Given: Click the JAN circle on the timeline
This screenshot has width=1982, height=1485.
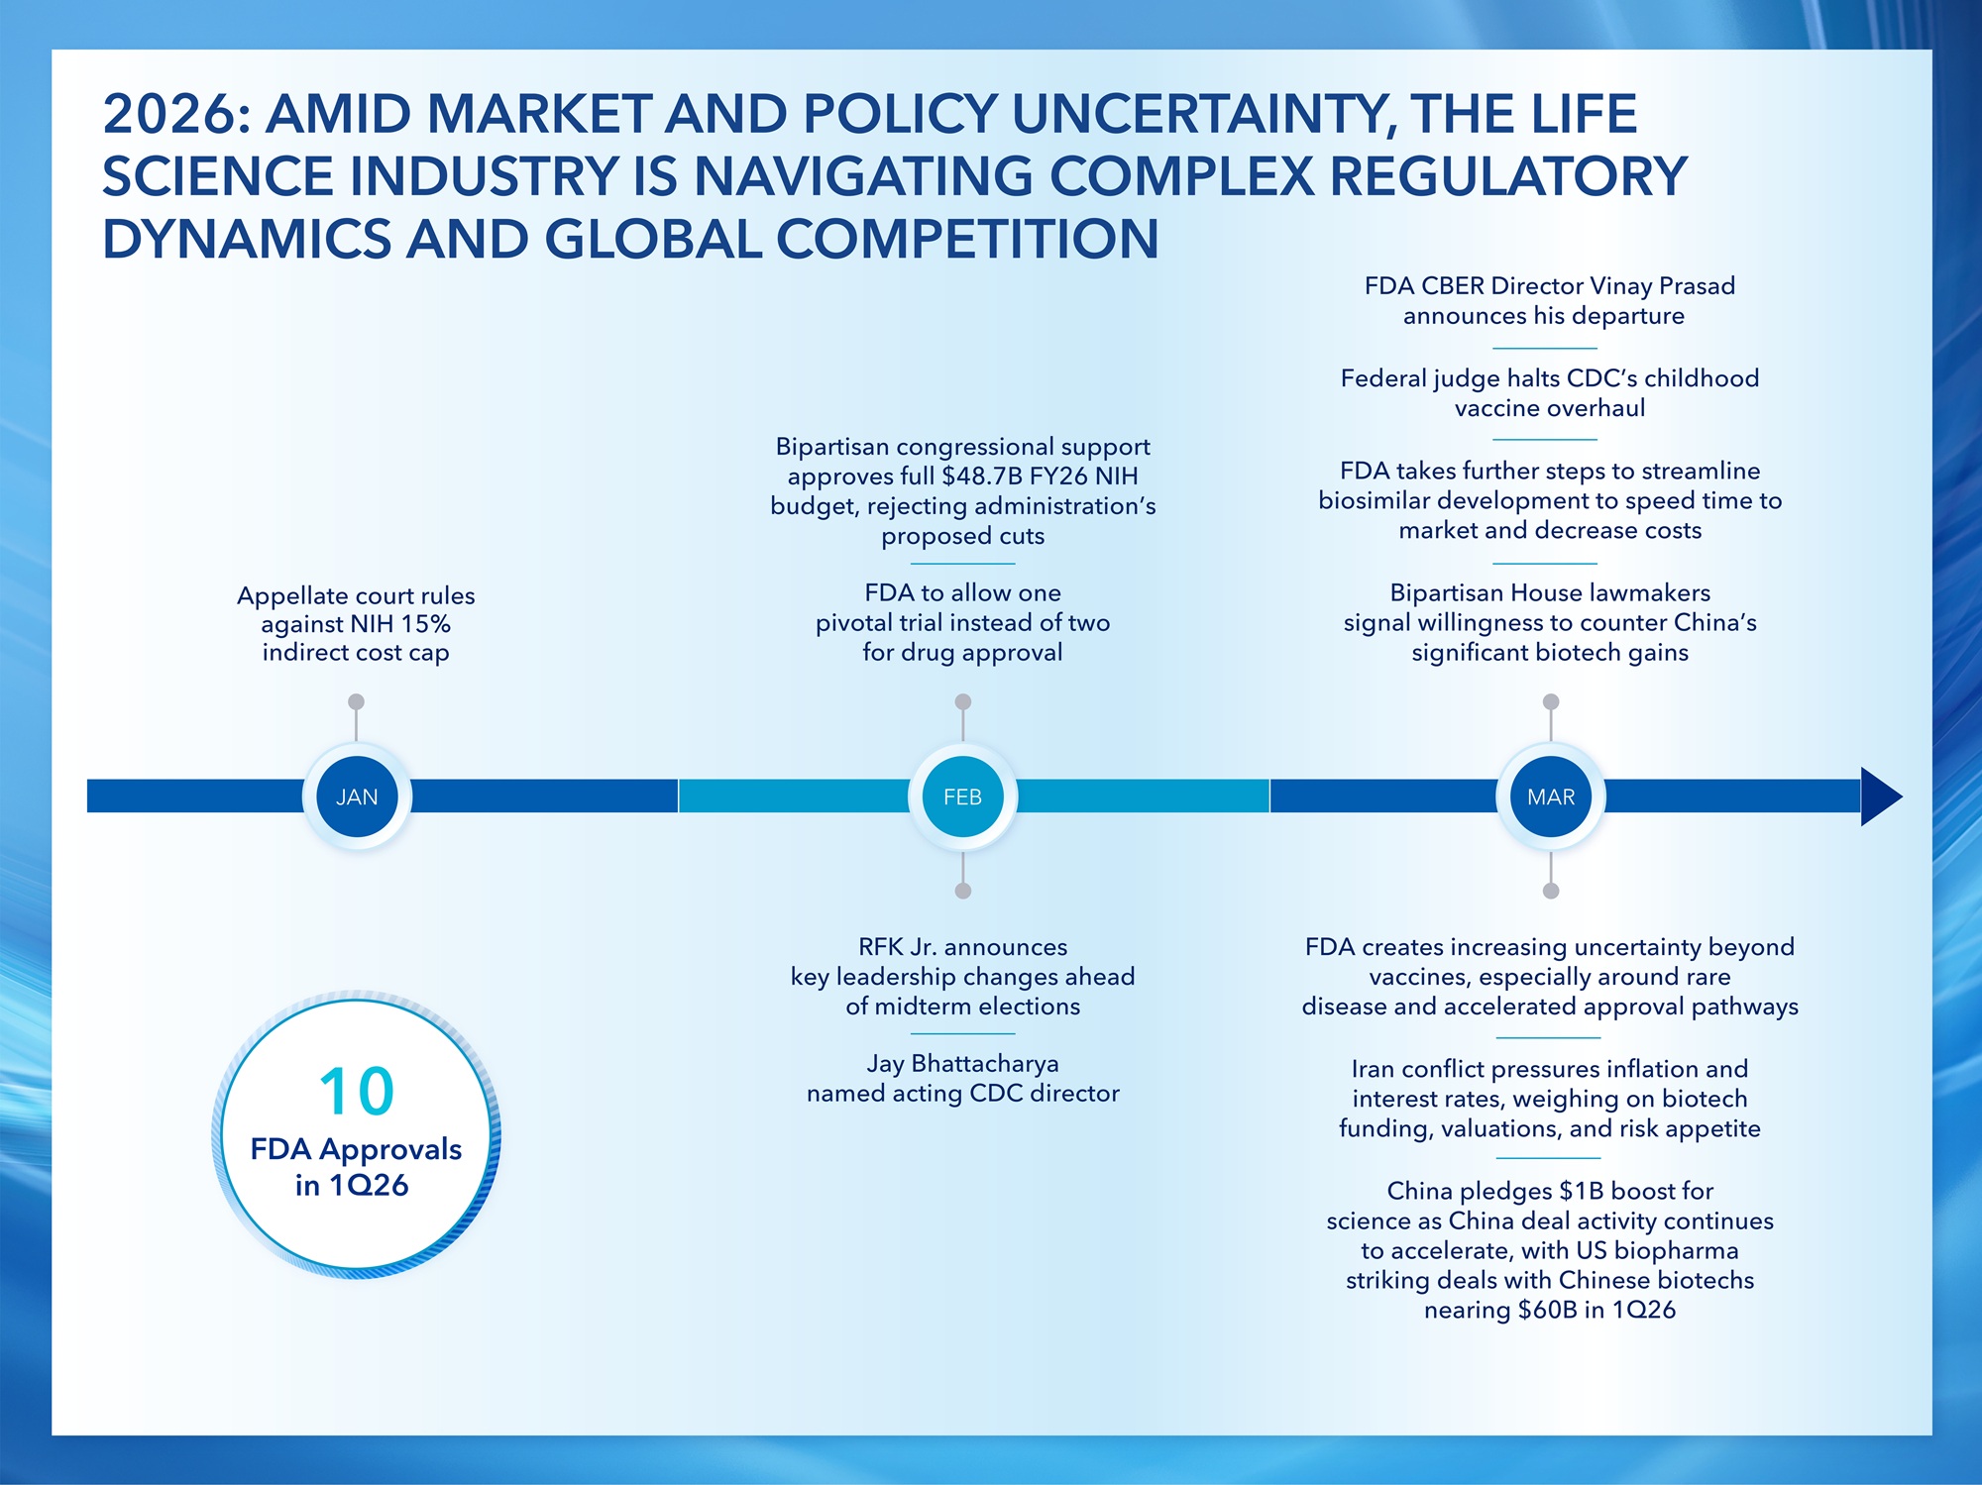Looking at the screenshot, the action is click(357, 796).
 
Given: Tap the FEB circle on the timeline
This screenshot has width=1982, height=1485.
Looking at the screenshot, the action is click(962, 796).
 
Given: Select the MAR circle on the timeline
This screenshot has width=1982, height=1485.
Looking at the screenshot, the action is click(1551, 796).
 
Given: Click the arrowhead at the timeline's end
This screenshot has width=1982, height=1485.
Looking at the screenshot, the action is click(1881, 796).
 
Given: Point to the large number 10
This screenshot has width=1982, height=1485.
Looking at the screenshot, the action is click(357, 1092).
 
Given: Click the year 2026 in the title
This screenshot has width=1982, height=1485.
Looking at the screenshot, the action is click(169, 114).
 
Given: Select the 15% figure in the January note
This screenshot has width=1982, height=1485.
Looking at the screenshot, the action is click(426, 624).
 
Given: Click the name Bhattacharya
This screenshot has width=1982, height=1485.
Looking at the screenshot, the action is click(985, 1064).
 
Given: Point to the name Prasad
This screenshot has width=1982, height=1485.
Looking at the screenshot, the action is click(1697, 286).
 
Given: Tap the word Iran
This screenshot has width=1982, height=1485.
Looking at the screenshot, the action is click(1374, 1069).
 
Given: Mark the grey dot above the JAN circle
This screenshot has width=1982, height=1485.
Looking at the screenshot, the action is click(357, 701).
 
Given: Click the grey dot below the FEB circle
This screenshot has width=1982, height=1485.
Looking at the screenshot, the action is click(962, 891).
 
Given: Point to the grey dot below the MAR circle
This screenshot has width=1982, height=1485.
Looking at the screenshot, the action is click(1551, 891).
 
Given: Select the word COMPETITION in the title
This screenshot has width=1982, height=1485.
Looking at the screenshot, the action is click(967, 240).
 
